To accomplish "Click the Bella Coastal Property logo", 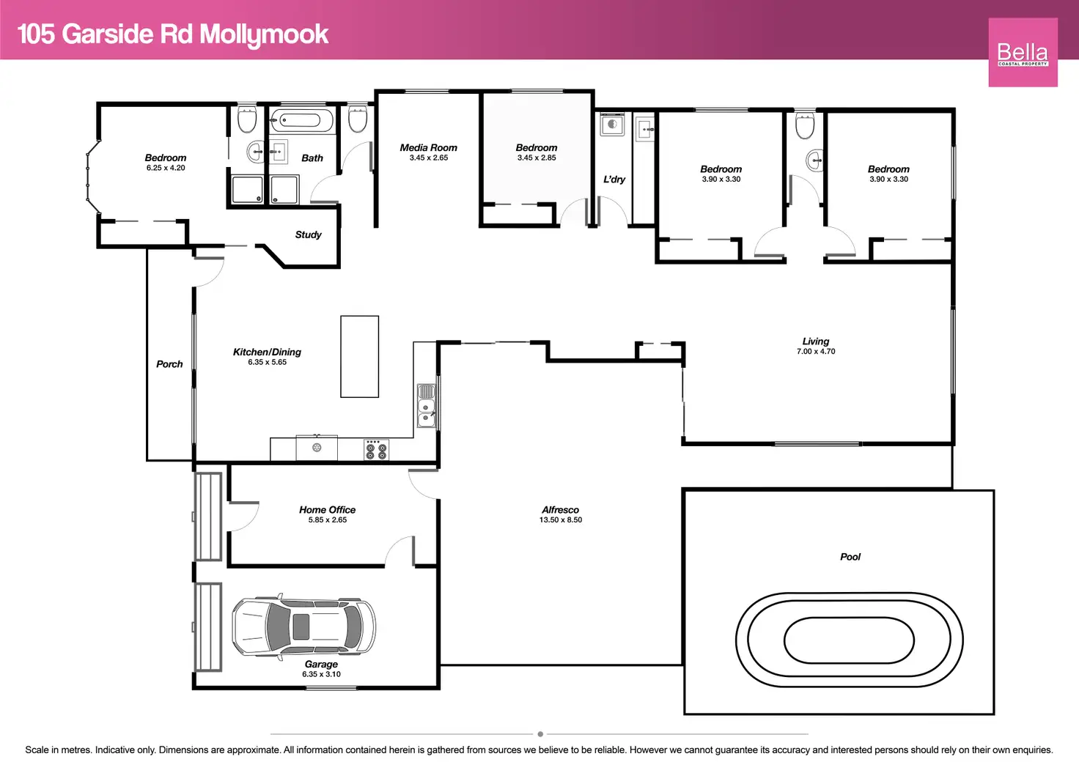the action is click(1023, 52).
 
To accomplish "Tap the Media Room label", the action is click(428, 148).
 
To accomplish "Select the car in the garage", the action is click(303, 626).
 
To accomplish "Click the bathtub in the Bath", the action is click(301, 120).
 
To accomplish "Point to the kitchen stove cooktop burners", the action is click(376, 450).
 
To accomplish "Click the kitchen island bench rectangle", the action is click(359, 356).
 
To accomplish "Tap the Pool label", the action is click(850, 557).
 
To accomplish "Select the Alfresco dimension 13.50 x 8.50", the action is click(561, 520).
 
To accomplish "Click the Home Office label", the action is click(327, 509).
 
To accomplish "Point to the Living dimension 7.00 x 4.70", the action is click(816, 352).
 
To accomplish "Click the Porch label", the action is click(169, 364).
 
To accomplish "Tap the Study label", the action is click(309, 234).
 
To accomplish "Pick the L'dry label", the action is click(614, 179).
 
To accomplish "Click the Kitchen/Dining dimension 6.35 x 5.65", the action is click(268, 362).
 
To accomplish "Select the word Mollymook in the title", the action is click(264, 34).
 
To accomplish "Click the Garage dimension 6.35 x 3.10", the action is click(321, 674).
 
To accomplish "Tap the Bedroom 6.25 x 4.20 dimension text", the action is click(166, 168).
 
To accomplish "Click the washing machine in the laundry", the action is click(612, 125).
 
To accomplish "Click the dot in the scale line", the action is click(540, 734).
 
